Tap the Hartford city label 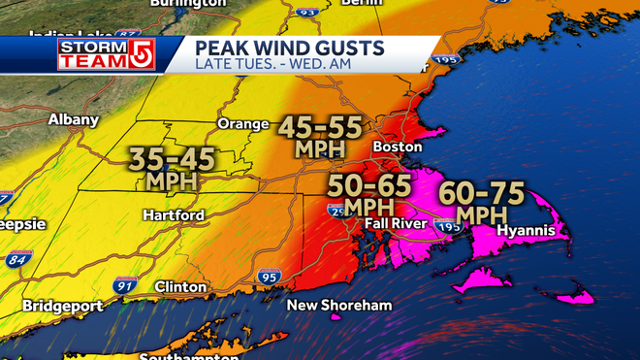coord(173,214)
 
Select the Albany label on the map coord(74,119)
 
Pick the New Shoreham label coord(338,306)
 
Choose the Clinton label coord(180,287)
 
